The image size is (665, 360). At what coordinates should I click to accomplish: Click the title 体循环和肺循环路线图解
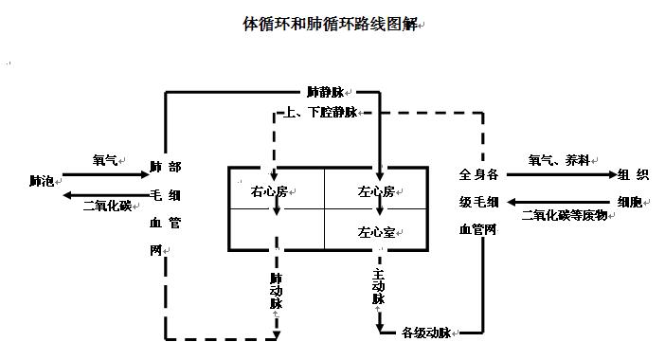tap(330, 22)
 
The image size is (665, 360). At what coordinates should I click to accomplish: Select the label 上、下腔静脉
tap(321, 113)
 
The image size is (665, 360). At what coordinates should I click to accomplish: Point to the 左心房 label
tap(376, 191)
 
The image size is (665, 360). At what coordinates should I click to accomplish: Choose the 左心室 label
tap(376, 230)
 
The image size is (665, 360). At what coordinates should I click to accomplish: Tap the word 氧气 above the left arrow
tap(104, 161)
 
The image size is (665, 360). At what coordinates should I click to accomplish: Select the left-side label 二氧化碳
tap(107, 205)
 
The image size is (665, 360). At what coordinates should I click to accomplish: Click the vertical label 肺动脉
tap(277, 291)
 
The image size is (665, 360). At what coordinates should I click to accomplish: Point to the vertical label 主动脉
tap(378, 285)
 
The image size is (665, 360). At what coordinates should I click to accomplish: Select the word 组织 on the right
tap(633, 174)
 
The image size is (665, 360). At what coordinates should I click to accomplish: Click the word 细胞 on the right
tap(633, 200)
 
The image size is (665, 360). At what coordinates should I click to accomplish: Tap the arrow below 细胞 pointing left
tap(559, 201)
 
